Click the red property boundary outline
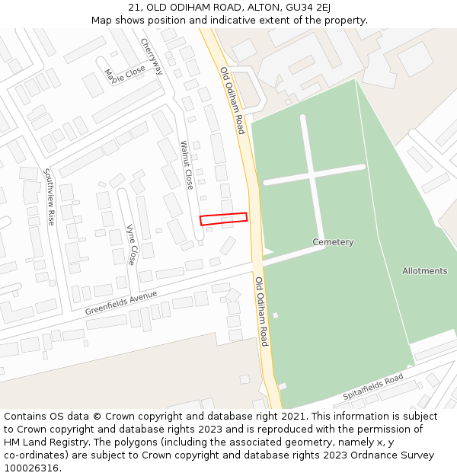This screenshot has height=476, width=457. click(x=224, y=219)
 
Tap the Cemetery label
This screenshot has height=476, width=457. click(x=333, y=242)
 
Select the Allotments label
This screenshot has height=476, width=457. click(x=424, y=271)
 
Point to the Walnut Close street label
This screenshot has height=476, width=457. click(x=187, y=165)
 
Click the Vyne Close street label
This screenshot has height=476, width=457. click(x=131, y=244)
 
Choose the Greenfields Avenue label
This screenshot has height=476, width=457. click(x=121, y=302)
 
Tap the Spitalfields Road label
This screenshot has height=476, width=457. click(x=372, y=388)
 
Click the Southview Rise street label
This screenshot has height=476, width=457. click(x=50, y=196)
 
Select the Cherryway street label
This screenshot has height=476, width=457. click(x=152, y=57)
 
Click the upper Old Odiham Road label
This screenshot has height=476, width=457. click(x=232, y=101)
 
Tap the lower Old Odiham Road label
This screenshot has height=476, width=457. click(x=262, y=311)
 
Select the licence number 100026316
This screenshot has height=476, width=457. click(x=31, y=468)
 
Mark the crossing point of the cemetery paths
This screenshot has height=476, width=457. click(x=312, y=173)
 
